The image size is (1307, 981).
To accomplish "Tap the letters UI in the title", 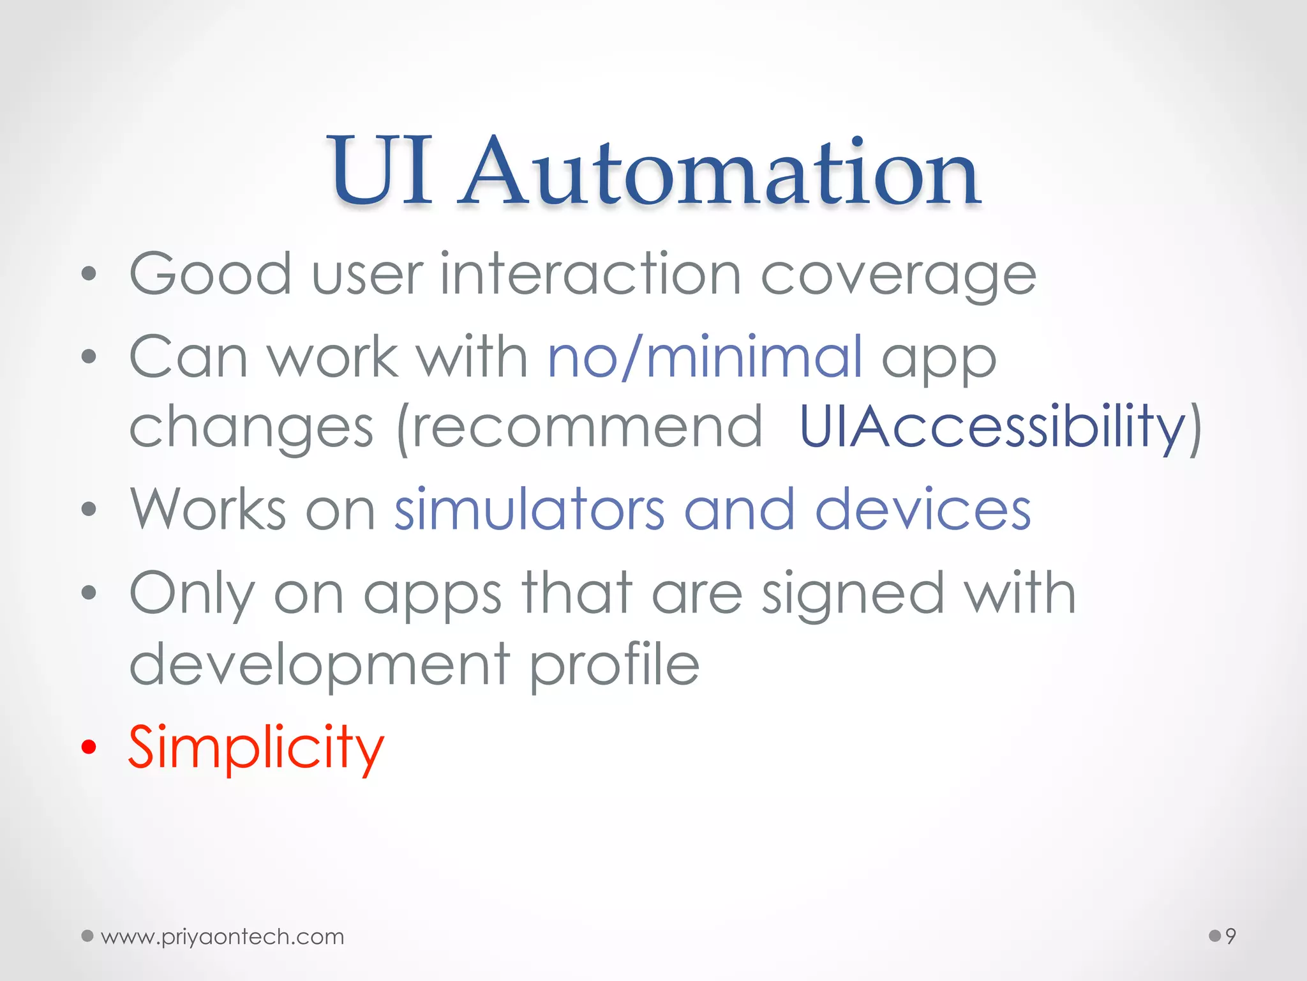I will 381,171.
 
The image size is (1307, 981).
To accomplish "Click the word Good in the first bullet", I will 211,275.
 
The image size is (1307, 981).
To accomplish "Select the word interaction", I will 590,275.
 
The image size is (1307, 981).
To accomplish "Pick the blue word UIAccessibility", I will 992,427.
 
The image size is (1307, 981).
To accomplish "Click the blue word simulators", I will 530,510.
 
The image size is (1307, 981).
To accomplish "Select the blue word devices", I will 923,510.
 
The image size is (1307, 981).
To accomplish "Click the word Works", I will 208,510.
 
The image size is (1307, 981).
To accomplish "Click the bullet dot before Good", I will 89,275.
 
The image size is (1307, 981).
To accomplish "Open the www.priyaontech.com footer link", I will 222,936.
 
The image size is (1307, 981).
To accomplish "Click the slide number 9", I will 1230,936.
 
